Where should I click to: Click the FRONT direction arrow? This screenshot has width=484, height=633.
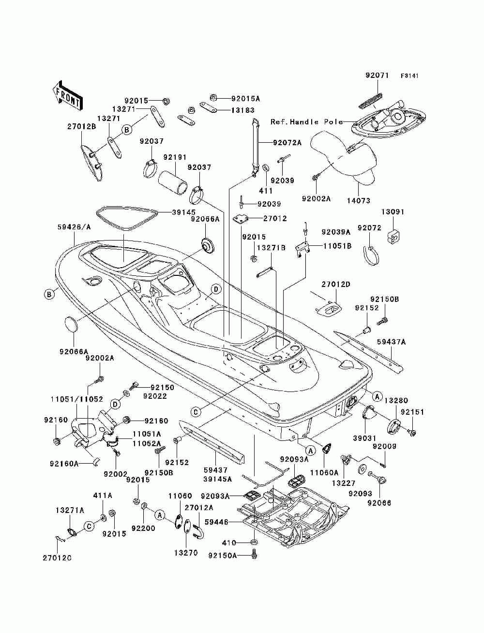point(68,95)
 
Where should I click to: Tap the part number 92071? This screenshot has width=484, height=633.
point(377,75)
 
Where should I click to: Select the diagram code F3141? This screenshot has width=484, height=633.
point(409,76)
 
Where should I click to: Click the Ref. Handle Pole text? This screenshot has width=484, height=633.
point(307,122)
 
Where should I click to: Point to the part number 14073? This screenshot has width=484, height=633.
point(359,200)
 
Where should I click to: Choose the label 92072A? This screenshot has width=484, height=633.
point(287,142)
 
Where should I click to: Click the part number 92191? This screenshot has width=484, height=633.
point(175,157)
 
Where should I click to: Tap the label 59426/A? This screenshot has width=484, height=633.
point(74,227)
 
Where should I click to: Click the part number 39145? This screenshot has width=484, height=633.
point(184,212)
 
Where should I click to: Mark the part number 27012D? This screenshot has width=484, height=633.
point(336,285)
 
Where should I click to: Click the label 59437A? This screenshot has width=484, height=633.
point(391,342)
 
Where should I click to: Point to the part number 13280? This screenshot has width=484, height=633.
point(396,400)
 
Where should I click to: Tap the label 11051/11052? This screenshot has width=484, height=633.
point(77,399)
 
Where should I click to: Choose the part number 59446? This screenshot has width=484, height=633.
point(216,522)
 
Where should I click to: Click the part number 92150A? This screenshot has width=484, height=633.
point(222,556)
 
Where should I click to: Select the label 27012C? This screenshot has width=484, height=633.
point(57,558)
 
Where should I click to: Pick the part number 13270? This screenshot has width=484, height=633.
point(186,553)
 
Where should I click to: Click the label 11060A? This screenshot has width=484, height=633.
point(324,473)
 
